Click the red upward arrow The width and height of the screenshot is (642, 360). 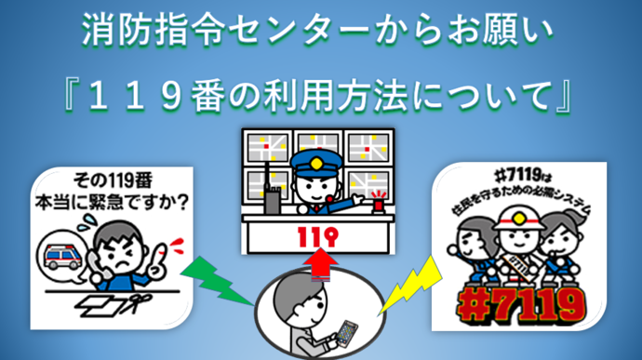click(x=321, y=265)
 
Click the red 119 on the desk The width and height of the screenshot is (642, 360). click(x=318, y=236)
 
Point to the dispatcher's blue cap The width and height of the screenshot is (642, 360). click(x=316, y=163)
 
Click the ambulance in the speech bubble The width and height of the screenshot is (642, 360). click(x=63, y=257)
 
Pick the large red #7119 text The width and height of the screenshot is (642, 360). click(x=521, y=305)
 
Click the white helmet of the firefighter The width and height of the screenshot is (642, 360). click(x=519, y=218)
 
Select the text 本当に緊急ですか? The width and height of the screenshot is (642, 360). click(x=112, y=202)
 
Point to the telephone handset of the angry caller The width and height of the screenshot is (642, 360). click(x=97, y=265)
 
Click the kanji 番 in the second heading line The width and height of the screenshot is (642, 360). click(x=208, y=97)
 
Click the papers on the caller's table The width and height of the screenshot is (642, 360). click(x=100, y=305)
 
